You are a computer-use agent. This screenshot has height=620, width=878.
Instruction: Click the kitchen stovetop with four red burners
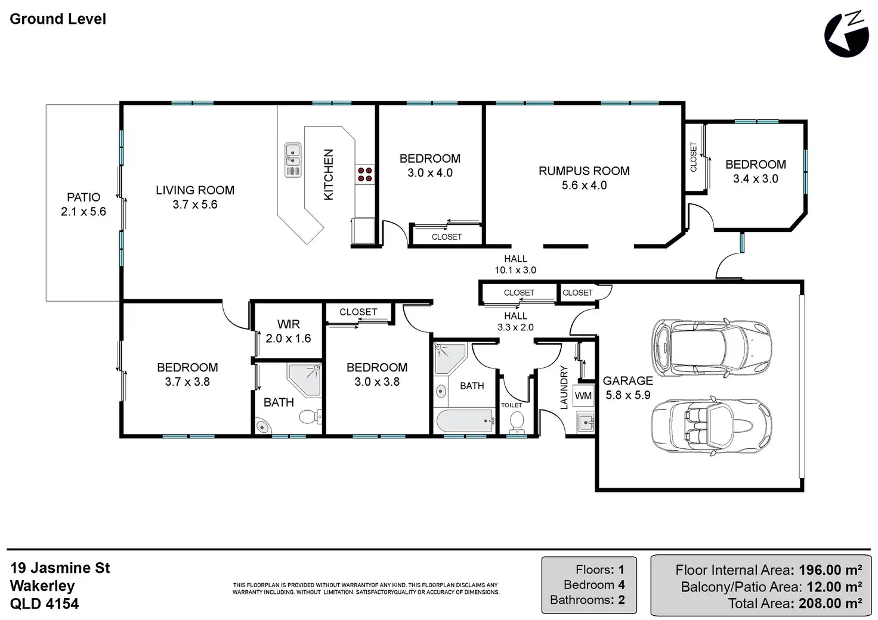365,175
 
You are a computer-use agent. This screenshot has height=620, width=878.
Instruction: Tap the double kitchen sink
293,160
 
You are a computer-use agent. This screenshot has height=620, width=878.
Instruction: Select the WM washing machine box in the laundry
583,396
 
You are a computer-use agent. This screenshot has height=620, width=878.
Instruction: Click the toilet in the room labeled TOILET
517,422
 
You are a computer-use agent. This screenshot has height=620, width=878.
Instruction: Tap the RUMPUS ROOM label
584,170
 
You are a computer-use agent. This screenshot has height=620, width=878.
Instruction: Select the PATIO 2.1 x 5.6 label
84,204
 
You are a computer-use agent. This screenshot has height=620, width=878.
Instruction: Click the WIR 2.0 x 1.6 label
289,331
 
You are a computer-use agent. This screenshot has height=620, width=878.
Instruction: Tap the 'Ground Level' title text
58,19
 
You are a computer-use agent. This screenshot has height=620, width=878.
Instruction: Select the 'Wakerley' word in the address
42,586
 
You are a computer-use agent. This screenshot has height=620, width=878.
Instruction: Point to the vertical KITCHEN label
329,175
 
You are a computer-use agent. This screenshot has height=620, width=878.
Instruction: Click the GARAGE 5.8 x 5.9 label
628,387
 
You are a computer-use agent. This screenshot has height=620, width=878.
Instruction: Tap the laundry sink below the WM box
586,422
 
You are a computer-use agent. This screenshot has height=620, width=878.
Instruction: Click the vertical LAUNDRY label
564,387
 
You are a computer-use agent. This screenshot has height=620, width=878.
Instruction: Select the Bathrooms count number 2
622,600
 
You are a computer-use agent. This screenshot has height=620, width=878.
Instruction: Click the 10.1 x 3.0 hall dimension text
515,270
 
